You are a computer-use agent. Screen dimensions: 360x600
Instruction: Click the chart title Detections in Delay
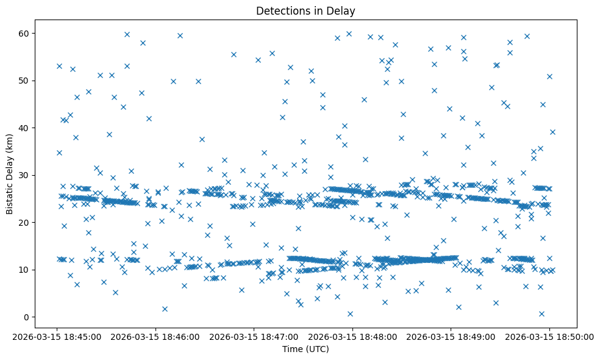[305, 10]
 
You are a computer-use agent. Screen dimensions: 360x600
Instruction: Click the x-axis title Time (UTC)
[305, 349]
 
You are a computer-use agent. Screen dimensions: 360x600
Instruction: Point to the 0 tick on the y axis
[26, 317]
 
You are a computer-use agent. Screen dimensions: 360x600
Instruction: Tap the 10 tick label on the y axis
[23, 270]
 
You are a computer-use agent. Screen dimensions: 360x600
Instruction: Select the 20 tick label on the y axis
[23, 223]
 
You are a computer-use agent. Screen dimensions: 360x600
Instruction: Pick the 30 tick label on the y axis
[23, 175]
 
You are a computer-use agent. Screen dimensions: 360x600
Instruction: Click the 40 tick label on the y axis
[23, 128]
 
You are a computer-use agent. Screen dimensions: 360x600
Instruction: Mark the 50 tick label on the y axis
[23, 81]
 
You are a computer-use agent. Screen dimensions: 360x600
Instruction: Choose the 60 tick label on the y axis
[23, 33]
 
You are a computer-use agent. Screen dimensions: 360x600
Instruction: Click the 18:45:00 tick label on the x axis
[57, 336]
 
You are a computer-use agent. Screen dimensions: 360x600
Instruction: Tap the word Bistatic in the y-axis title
[10, 194]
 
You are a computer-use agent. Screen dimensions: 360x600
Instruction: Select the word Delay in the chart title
[342, 10]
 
